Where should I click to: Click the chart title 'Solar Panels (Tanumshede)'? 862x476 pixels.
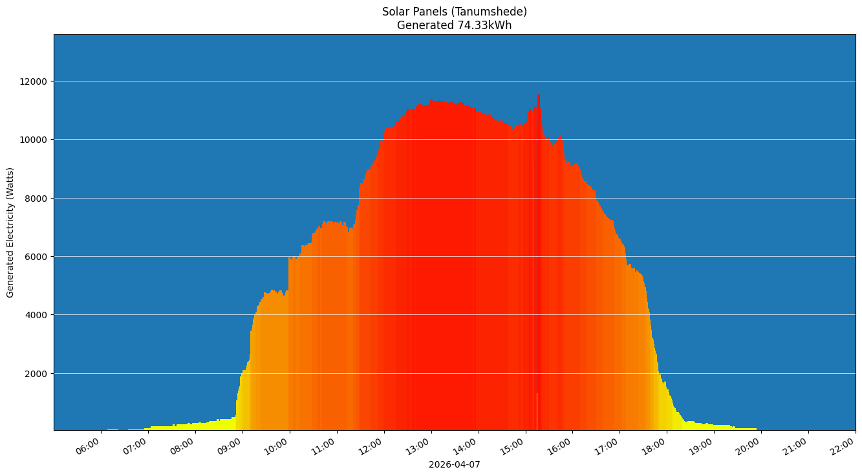pyautogui.click(x=454, y=12)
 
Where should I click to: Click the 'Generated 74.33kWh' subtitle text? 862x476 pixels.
pyautogui.click(x=454, y=26)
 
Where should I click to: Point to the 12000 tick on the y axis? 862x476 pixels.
pyautogui.click(x=34, y=81)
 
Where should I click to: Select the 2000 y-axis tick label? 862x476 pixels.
pyautogui.click(x=36, y=374)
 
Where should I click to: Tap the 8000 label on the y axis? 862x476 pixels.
pyautogui.click(x=36, y=199)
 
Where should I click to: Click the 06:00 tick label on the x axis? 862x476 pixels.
pyautogui.click(x=88, y=446)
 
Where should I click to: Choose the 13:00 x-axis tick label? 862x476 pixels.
pyautogui.click(x=418, y=446)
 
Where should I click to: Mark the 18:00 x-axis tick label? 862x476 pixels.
pyautogui.click(x=654, y=446)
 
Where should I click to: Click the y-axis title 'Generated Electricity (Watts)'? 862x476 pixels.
pyautogui.click(x=10, y=232)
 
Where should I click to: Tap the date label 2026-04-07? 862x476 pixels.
pyautogui.click(x=454, y=464)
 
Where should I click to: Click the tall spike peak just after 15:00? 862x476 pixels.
pyautogui.click(x=539, y=96)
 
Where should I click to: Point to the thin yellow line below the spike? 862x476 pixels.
pyautogui.click(x=537, y=411)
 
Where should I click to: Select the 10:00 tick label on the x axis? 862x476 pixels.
pyautogui.click(x=277, y=446)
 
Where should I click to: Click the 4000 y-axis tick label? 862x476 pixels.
pyautogui.click(x=36, y=315)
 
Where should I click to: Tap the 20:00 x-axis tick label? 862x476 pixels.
pyautogui.click(x=749, y=446)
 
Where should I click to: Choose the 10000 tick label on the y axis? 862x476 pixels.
pyautogui.click(x=34, y=140)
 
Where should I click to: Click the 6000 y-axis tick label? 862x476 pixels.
pyautogui.click(x=36, y=257)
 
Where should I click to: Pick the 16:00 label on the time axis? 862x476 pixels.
pyautogui.click(x=560, y=446)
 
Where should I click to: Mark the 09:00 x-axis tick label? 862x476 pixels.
pyautogui.click(x=230, y=446)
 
